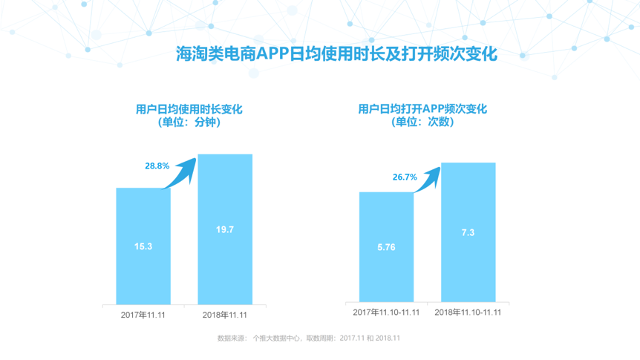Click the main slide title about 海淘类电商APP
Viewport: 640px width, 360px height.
[336, 54]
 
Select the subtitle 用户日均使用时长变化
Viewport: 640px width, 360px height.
[184, 109]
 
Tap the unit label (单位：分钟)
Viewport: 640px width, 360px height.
[184, 123]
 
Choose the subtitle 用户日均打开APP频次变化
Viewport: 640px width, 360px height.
[422, 109]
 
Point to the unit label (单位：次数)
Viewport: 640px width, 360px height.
[422, 122]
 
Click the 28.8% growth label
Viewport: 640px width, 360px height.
[157, 166]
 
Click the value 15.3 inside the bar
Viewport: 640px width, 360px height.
[143, 246]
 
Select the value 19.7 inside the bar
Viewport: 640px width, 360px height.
[225, 230]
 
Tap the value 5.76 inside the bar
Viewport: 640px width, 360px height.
[387, 246]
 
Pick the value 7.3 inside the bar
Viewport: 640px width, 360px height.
[468, 233]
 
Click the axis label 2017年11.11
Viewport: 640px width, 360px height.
[143, 315]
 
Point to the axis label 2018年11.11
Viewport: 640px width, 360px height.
[225, 315]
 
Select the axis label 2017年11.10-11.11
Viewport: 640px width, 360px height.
[386, 312]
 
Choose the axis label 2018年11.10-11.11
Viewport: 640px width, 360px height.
[468, 312]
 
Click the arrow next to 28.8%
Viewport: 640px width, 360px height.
[181, 172]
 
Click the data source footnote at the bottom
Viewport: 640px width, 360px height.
[309, 338]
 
